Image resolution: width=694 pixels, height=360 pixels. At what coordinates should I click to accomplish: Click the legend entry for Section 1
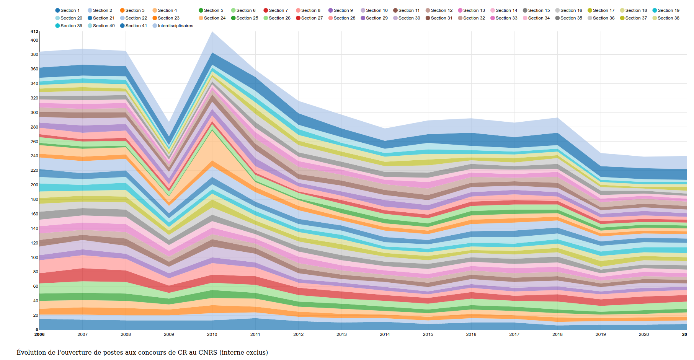pyautogui.click(x=67, y=10)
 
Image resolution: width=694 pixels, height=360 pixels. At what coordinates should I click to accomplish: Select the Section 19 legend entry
pyautogui.click(x=666, y=10)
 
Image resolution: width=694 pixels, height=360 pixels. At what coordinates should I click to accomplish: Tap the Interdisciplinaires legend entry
pyautogui.click(x=173, y=26)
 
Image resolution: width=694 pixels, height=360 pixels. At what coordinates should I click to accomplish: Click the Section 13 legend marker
pyautogui.click(x=460, y=10)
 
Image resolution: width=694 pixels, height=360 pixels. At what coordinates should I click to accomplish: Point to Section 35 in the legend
pyautogui.click(x=568, y=18)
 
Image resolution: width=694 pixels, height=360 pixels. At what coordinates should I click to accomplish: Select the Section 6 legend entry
pyautogui.click(x=243, y=10)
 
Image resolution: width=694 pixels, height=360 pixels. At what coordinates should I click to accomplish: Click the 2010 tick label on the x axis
pyautogui.click(x=212, y=334)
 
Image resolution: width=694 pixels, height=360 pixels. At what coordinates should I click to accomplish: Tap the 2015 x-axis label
pyautogui.click(x=428, y=334)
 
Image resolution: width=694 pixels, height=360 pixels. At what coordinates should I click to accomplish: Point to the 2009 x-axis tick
pyautogui.click(x=169, y=334)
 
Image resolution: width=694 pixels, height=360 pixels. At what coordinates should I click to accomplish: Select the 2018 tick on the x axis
pyautogui.click(x=557, y=334)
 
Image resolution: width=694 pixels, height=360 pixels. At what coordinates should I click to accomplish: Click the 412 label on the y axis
pyautogui.click(x=34, y=31)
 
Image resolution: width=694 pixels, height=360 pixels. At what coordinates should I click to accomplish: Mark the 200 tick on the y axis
pyautogui.click(x=34, y=185)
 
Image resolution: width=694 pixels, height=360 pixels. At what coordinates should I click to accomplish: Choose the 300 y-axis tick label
pyautogui.click(x=34, y=112)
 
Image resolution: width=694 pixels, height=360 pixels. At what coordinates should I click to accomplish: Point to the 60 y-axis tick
pyautogui.click(x=36, y=286)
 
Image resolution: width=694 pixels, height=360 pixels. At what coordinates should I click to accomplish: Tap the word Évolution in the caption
pyautogui.click(x=31, y=352)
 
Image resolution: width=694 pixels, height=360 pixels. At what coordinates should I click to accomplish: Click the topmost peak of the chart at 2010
pyautogui.click(x=212, y=31)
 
